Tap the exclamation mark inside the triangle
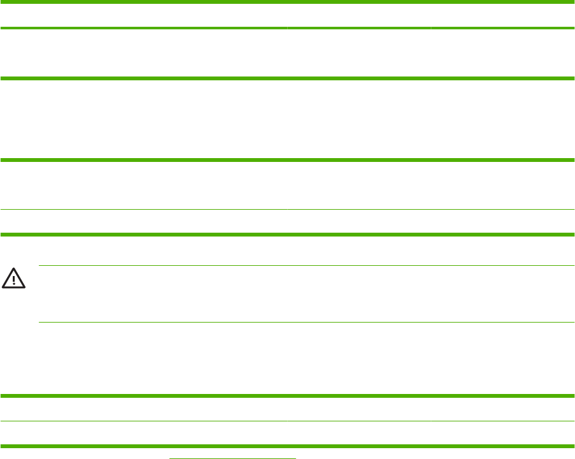click(x=14, y=280)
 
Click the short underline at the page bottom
click(x=232, y=457)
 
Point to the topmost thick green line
click(x=287, y=3)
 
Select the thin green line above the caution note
click(x=306, y=265)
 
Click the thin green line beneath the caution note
click(x=306, y=322)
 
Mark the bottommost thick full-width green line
click(x=287, y=445)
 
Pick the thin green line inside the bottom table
click(x=287, y=421)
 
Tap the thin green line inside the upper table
click(x=287, y=210)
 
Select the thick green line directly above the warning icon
click(x=287, y=235)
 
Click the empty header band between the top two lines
click(x=287, y=15)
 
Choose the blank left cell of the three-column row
click(x=144, y=54)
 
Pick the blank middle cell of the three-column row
click(x=359, y=54)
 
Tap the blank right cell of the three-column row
click(x=503, y=54)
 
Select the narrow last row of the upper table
click(x=287, y=222)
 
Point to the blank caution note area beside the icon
click(x=306, y=294)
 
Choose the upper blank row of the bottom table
click(x=287, y=409)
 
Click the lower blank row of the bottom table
click(x=287, y=433)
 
